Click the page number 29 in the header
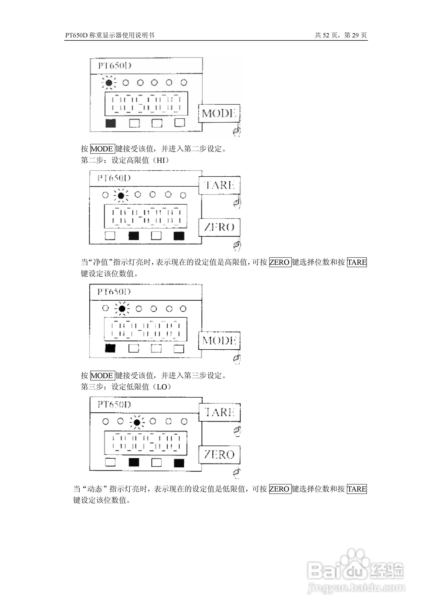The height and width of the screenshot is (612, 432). coord(355,35)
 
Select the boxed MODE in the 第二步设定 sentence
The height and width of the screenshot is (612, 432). coord(102,149)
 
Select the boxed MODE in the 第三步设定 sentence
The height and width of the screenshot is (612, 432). coord(102,376)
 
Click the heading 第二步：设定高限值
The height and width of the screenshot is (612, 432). coord(125,160)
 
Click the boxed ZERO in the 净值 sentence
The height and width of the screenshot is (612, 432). coord(280,262)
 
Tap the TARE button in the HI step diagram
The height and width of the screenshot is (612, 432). coord(219,185)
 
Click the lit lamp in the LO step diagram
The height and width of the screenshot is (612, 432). coord(137,422)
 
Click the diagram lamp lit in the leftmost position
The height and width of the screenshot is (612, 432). coord(109,83)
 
